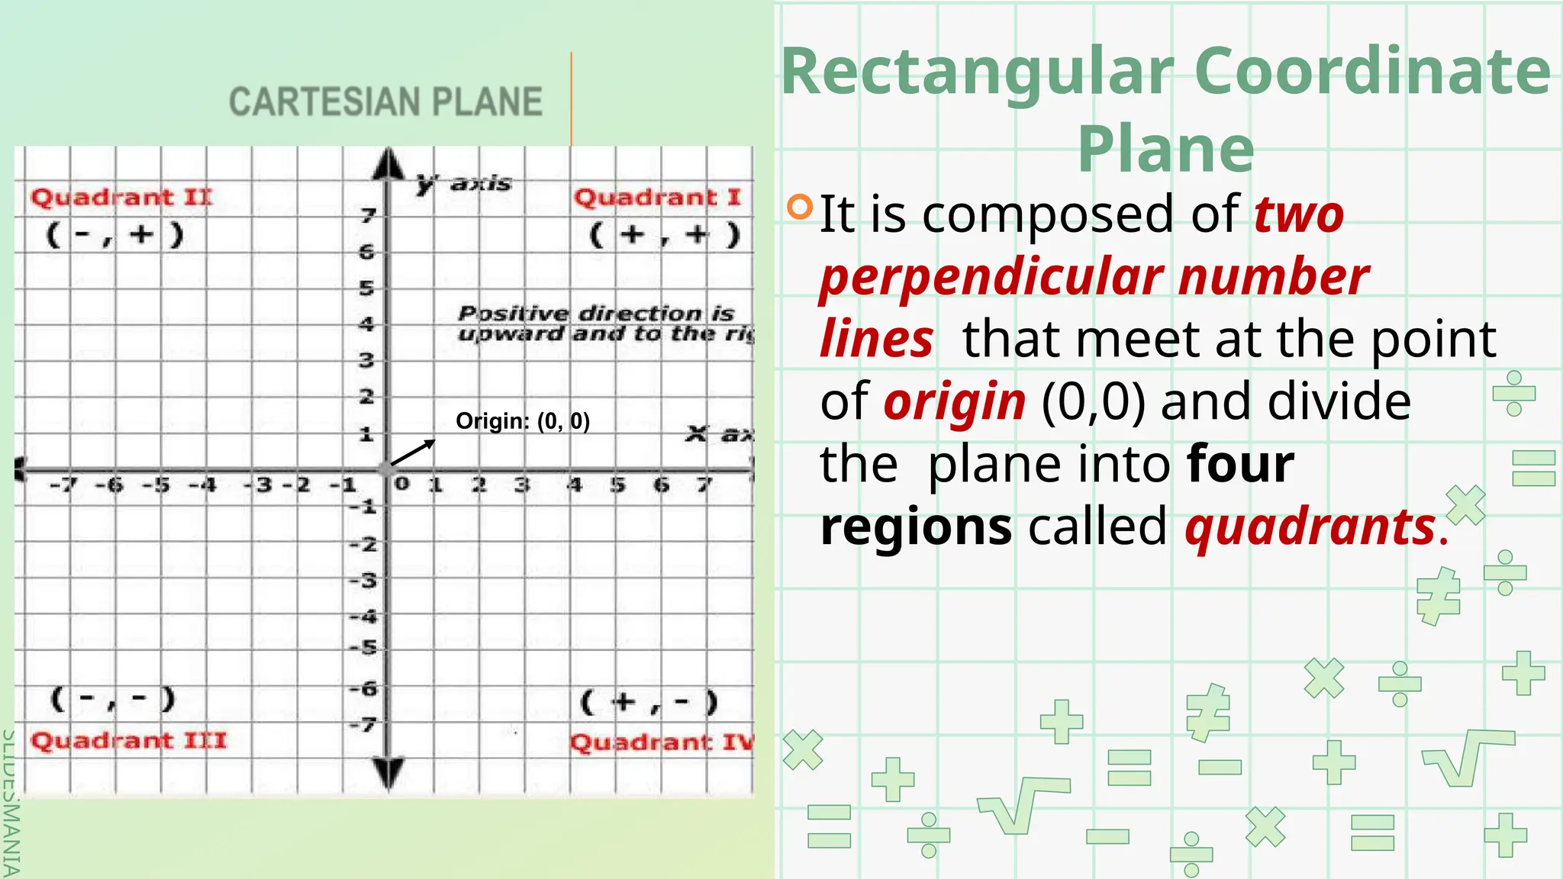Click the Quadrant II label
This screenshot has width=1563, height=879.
tap(121, 198)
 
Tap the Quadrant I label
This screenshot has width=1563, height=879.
tap(657, 198)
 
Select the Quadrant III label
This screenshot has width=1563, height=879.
tap(128, 741)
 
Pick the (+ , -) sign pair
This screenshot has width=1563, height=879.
tap(649, 702)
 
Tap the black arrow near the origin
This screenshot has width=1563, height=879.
tap(413, 452)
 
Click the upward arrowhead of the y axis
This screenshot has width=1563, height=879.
tap(389, 164)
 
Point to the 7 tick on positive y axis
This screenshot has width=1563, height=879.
tap(369, 216)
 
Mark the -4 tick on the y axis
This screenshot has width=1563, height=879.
tap(364, 616)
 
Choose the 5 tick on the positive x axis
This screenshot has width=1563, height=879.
tap(618, 485)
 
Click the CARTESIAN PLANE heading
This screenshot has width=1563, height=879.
tap(385, 102)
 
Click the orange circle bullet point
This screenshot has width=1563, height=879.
tap(799, 207)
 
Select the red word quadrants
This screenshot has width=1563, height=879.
tap(1310, 527)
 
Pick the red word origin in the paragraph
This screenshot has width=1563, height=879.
tap(955, 402)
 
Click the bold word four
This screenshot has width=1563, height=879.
tap(1241, 465)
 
